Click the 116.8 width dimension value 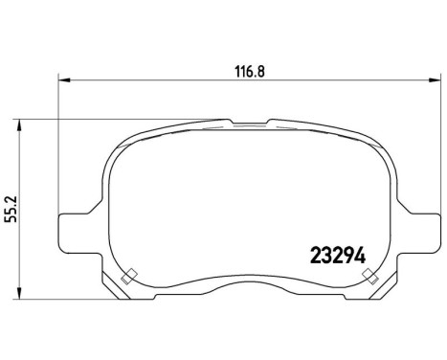click(249, 69)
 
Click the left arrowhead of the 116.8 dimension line click(64, 79)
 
